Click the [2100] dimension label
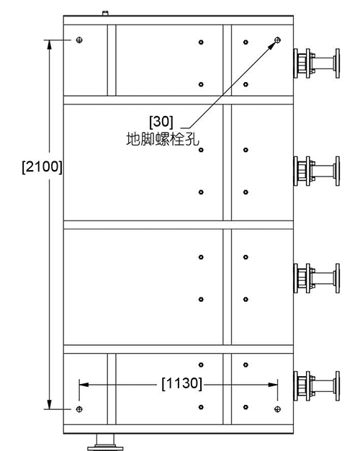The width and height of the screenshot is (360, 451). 42,166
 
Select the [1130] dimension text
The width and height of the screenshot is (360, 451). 182,383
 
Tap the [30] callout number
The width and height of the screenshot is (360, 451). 161,121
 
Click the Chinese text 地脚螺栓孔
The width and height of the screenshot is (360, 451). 163,139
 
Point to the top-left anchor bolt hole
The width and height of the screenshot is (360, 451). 79,40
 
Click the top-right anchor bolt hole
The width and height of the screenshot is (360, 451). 277,40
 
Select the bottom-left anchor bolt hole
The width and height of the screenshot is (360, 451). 79,409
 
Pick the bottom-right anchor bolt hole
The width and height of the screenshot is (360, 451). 277,409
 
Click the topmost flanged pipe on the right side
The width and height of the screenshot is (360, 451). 317,63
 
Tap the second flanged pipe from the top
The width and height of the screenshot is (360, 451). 317,171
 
